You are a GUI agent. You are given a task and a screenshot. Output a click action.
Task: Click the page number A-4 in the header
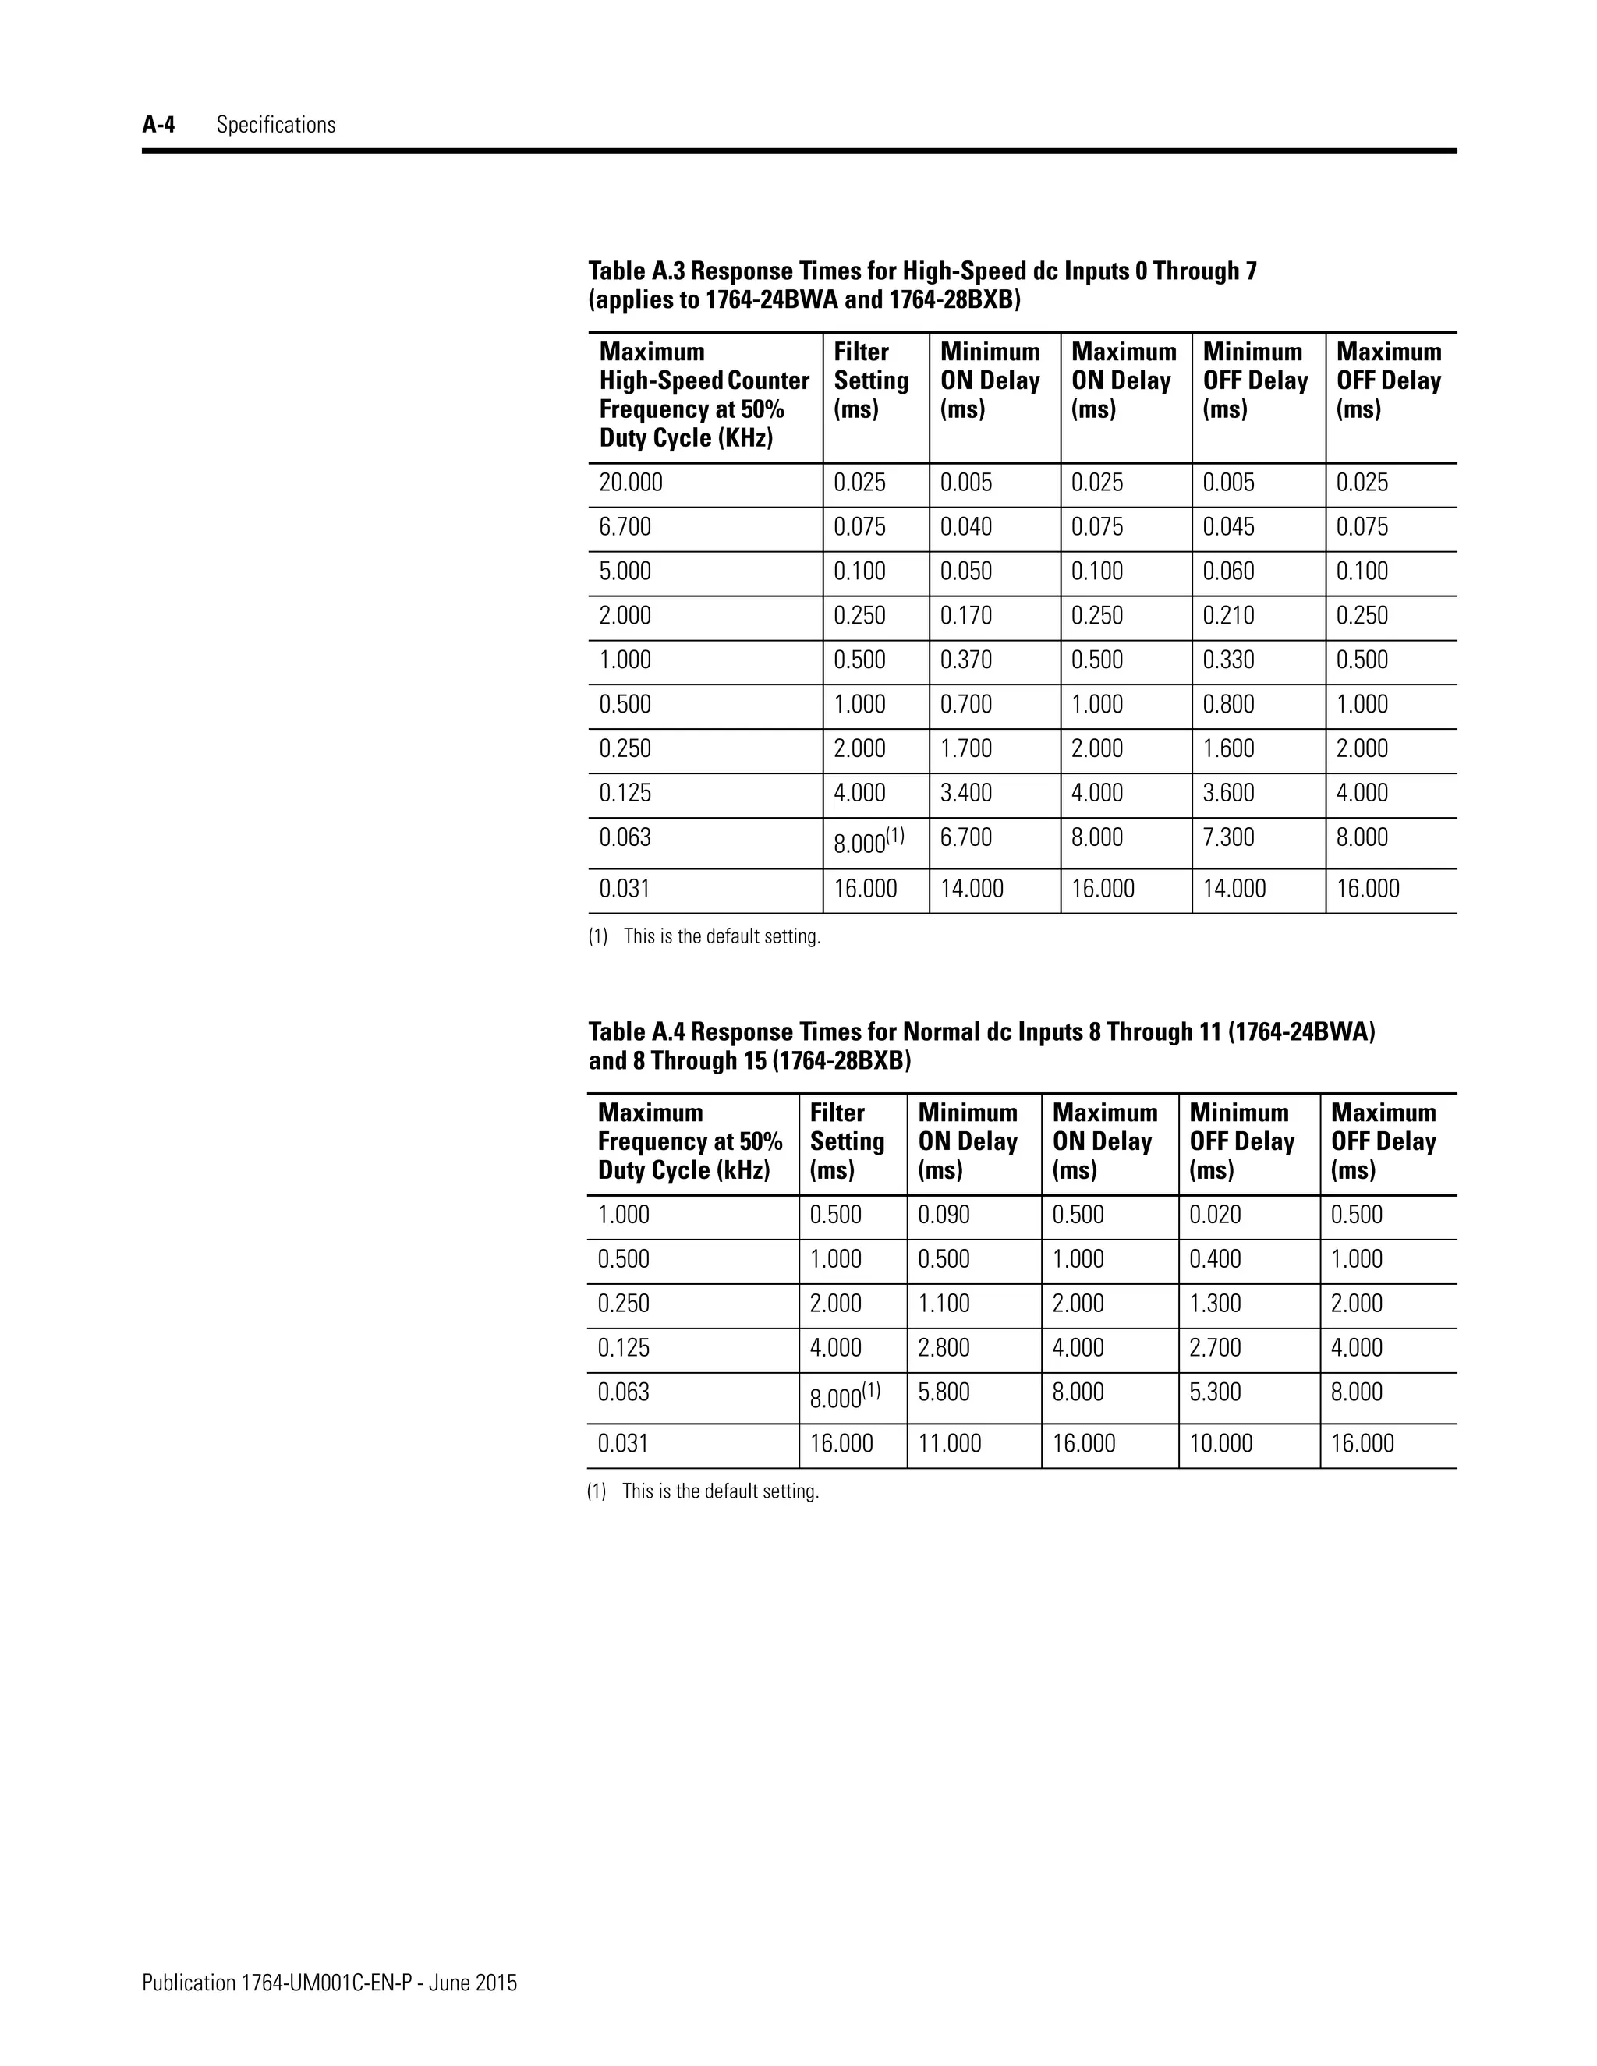click(158, 125)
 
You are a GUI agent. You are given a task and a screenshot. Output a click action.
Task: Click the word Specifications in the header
click(275, 125)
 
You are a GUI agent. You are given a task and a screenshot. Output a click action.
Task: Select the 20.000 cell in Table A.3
click(630, 483)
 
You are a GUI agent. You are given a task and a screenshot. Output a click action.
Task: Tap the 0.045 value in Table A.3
click(1228, 527)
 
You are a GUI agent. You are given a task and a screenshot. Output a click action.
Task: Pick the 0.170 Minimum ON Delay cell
click(966, 616)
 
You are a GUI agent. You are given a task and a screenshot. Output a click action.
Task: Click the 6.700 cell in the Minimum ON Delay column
click(966, 837)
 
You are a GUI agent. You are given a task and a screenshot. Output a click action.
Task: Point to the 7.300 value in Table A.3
click(1228, 837)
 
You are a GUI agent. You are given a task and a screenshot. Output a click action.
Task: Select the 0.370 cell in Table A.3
click(966, 660)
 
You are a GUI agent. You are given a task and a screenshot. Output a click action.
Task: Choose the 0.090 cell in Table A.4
click(944, 1215)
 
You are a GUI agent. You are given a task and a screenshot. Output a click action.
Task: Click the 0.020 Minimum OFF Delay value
click(1215, 1215)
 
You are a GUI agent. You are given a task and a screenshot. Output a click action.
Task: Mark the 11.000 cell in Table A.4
click(949, 1444)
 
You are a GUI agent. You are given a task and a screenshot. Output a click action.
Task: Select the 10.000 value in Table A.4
click(1220, 1444)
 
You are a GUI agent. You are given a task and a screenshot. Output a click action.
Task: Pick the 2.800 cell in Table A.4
click(944, 1348)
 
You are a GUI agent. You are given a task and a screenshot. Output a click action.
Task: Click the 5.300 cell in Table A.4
click(1215, 1392)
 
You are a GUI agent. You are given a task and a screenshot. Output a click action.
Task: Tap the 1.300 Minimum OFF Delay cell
click(1215, 1304)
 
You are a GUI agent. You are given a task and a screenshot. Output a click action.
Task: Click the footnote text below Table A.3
click(721, 936)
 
